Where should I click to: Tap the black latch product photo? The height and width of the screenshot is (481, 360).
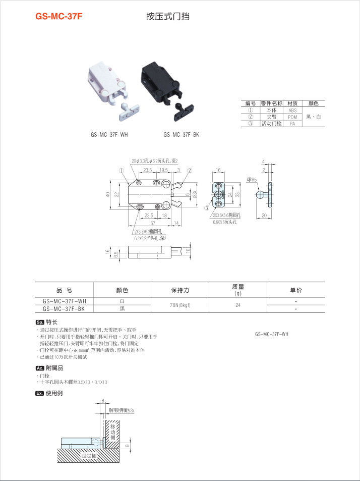pos(167,89)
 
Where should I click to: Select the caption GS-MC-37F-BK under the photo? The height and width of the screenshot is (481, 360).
pos(181,135)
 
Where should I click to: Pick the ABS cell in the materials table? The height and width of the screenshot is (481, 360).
pos(293,110)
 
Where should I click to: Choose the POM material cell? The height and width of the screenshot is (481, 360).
pos(293,117)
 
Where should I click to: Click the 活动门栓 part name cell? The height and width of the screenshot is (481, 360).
pos(272,124)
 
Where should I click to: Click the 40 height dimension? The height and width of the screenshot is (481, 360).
pos(108,194)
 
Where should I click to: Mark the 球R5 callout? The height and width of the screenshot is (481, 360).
pos(252,180)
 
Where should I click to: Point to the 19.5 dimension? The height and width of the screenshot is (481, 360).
pos(163,170)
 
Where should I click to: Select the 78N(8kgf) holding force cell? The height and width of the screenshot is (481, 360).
pos(180,305)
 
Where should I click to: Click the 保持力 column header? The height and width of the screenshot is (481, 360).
pos(180,290)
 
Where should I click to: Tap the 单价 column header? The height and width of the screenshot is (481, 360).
pos(295,290)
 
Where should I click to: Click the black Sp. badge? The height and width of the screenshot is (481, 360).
pos(40,322)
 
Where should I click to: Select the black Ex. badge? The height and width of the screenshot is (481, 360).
pos(40,393)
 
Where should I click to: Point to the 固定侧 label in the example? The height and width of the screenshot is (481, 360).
pos(89,456)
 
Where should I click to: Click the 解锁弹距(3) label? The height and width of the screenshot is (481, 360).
pos(122,410)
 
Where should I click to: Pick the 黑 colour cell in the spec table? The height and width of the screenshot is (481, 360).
pos(122,308)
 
